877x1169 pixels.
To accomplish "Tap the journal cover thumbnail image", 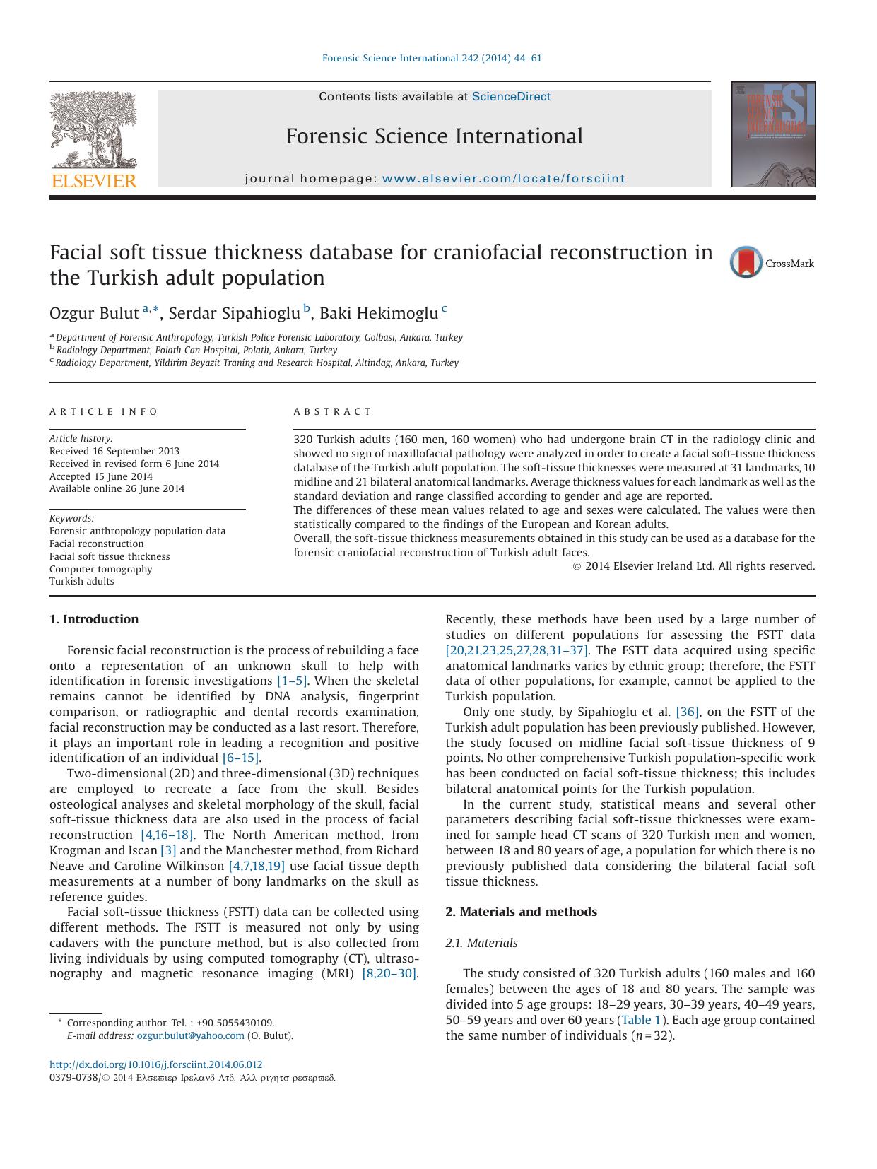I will [772, 134].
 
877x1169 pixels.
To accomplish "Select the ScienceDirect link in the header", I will [510, 97].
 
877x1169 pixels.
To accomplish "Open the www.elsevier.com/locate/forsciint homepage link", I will [503, 179].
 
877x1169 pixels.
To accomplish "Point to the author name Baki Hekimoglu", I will [379, 313].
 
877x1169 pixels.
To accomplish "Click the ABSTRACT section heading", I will [332, 411].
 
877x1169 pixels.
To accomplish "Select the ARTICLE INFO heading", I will [104, 411].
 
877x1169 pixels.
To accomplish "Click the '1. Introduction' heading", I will [94, 619].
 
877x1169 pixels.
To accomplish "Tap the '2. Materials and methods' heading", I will [521, 912].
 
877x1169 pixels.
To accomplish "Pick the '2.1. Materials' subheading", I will [481, 943].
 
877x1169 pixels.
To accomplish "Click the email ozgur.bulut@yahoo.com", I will [190, 1035].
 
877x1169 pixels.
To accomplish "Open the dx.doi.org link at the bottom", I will [155, 1064].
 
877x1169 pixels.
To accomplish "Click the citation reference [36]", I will [687, 712].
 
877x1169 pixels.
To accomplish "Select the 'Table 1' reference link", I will [641, 1020].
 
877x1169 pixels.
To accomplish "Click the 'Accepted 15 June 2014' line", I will [101, 476].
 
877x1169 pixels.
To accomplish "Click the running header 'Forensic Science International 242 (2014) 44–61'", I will [432, 59].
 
